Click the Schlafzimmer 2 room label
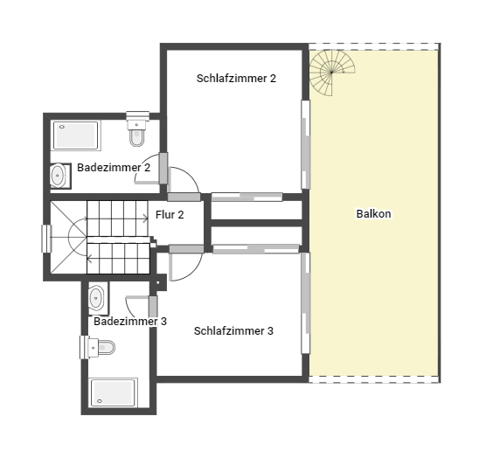click(x=236, y=79)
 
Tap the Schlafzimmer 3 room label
click(x=233, y=331)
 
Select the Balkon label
click(x=373, y=214)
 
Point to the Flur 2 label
click(x=170, y=215)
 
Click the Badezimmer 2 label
click(x=114, y=168)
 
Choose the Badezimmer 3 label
click(x=130, y=322)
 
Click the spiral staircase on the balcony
click(x=332, y=73)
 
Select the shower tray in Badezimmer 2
click(x=76, y=135)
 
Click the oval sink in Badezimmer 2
click(x=58, y=176)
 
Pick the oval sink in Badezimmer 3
click(x=96, y=298)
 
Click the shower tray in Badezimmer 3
click(x=113, y=392)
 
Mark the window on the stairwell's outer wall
click(x=46, y=239)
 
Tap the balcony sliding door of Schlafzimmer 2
click(x=306, y=144)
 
